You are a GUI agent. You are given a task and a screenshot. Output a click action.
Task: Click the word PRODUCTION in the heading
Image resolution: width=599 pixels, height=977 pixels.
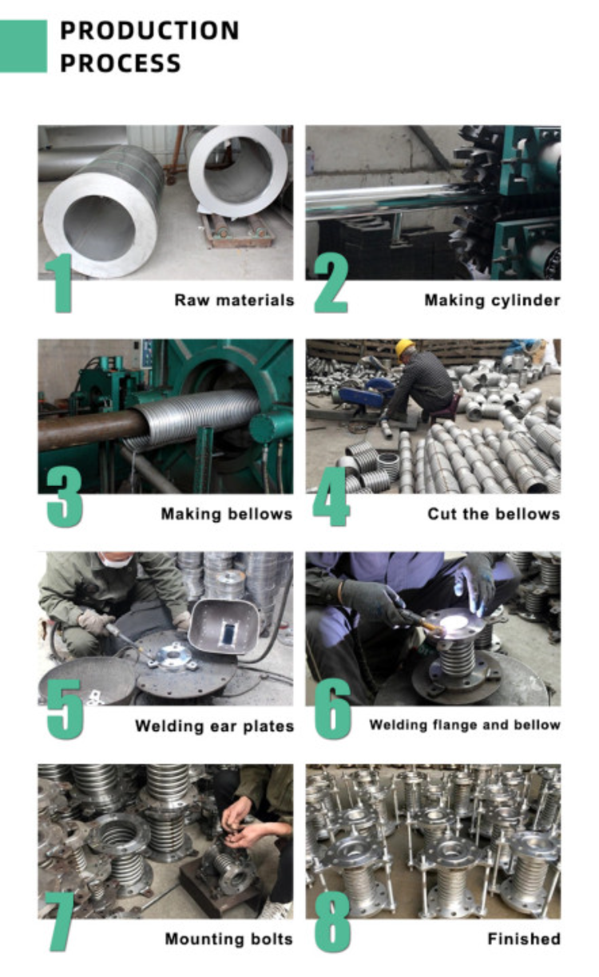point(149,30)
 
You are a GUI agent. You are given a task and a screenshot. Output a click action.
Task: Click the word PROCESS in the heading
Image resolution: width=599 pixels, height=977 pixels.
point(121,63)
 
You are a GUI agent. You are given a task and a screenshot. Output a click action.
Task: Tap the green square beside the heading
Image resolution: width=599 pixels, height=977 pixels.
point(23,46)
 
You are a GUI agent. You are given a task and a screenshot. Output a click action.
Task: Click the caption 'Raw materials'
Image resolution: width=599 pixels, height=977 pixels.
point(234,301)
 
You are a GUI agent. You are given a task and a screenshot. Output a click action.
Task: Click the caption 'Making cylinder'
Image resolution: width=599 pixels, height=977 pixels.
point(492,301)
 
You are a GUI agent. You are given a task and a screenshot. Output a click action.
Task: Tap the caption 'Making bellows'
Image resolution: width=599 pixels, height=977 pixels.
point(227,514)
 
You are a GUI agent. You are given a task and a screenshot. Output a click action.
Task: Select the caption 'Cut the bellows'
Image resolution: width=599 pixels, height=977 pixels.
point(494,514)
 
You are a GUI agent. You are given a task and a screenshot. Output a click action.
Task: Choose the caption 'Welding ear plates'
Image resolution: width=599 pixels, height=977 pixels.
point(214,726)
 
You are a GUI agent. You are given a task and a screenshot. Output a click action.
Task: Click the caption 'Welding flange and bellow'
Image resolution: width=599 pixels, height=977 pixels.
point(465,726)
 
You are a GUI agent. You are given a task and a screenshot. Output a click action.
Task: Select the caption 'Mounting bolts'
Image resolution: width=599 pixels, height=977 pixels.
point(228,939)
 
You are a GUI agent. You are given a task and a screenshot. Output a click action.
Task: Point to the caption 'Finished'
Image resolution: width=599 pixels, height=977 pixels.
point(523,939)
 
